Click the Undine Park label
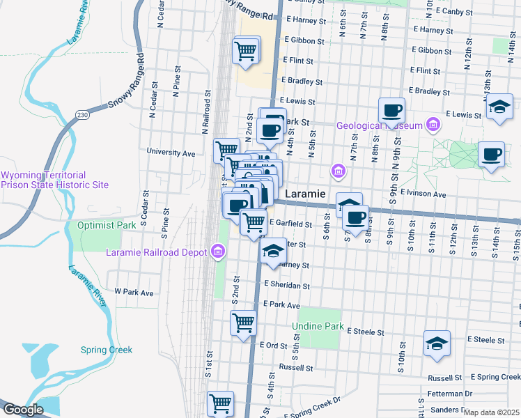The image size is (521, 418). coord(318,326)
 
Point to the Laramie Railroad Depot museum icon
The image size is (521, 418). coord(219,251)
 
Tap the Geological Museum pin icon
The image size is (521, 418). coord(433,125)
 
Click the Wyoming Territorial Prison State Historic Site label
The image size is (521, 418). coord(54,180)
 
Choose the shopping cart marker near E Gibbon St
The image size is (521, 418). coord(245,51)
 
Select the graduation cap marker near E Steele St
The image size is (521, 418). coord(437,343)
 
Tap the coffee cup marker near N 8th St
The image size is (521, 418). coord(392,110)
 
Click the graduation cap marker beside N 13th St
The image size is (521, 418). coord(499,107)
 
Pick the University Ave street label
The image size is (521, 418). coord(171,151)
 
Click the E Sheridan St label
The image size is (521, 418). coord(287,286)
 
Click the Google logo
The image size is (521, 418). coord(24,410)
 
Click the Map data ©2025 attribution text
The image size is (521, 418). coord(491,412)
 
